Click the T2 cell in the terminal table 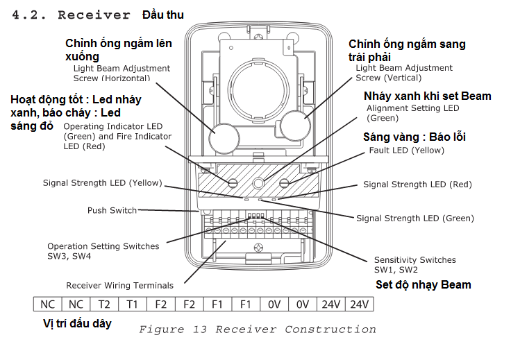click(x=104, y=304)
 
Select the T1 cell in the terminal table click(x=133, y=304)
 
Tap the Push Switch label click(x=112, y=210)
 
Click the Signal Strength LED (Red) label click(x=417, y=185)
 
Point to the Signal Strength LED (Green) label click(x=415, y=218)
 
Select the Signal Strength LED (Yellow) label click(x=102, y=183)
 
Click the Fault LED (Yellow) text click(x=406, y=150)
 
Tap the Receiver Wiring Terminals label click(x=119, y=285)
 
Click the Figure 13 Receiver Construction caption click(x=257, y=329)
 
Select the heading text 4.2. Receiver click(x=72, y=15)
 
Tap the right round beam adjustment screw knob click(x=295, y=126)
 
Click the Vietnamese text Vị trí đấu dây click(x=77, y=323)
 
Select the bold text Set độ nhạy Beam click(x=423, y=284)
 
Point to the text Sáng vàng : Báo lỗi click(x=414, y=137)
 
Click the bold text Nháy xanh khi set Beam click(x=427, y=96)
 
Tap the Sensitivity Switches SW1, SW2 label click(x=415, y=264)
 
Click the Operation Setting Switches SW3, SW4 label click(x=103, y=251)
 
